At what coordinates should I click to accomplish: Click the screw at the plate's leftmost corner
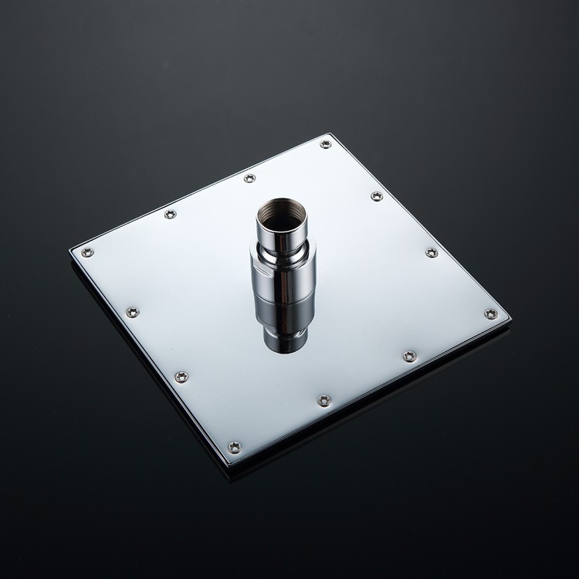[87, 252]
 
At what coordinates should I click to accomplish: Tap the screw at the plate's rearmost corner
[326, 144]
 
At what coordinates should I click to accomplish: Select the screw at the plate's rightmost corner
[491, 313]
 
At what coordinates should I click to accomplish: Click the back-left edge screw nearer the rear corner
[249, 178]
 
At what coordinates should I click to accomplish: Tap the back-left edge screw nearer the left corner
[171, 214]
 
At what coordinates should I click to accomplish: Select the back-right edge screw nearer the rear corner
[377, 196]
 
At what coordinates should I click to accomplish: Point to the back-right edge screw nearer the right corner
[432, 252]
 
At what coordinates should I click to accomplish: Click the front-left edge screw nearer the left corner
[133, 312]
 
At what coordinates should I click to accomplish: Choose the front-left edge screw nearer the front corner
[181, 377]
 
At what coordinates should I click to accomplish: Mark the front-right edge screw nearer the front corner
[324, 400]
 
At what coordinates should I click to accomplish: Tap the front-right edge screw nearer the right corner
[410, 356]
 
